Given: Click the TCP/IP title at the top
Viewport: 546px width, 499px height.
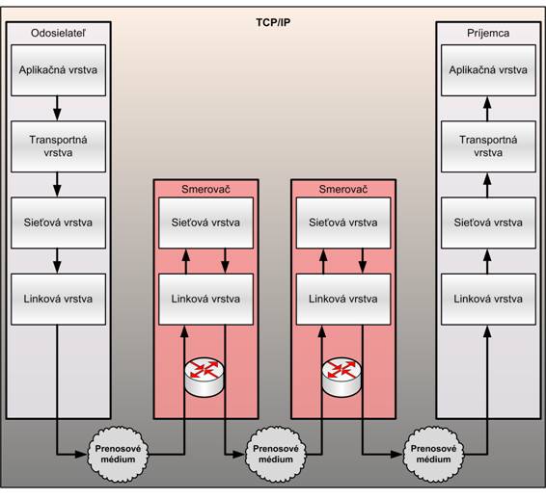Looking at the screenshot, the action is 273,22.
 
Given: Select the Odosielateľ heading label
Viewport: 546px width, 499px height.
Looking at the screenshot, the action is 58,33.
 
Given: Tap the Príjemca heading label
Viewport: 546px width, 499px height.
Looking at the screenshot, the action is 488,33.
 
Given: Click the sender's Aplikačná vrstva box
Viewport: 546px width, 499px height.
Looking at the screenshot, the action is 58,70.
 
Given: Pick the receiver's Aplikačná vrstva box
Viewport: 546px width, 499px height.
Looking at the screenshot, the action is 488,70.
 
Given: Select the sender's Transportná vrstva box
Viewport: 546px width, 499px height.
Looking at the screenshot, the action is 58,146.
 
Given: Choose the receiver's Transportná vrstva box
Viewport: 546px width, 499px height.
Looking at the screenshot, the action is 488,146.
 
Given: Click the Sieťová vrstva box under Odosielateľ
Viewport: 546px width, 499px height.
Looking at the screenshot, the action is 58,223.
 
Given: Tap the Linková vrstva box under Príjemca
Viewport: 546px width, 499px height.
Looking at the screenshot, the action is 488,300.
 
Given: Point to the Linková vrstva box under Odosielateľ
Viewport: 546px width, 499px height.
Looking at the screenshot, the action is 58,300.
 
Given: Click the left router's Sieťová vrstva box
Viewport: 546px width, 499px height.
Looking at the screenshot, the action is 205,223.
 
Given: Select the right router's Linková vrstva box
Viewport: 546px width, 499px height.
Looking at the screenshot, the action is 343,300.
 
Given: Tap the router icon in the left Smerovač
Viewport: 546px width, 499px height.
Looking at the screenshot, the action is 205,378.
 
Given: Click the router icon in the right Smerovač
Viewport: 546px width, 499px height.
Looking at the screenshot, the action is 341,378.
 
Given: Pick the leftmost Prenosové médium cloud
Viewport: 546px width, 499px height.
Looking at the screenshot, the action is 118,454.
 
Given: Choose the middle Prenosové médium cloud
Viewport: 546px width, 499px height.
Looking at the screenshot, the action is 276,454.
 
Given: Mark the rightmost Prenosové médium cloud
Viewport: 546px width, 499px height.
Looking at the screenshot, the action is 433,454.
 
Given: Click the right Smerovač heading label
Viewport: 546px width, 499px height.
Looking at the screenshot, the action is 343,189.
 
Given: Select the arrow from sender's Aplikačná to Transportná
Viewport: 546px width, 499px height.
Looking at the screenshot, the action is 57,108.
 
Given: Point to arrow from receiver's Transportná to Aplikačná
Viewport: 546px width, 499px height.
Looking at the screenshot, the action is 487,108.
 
